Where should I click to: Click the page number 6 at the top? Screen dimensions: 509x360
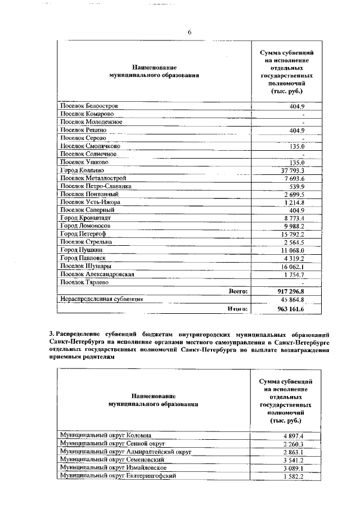(x=190, y=32)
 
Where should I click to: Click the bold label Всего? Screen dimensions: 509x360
(x=238, y=291)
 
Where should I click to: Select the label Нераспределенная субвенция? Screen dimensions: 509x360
(x=101, y=300)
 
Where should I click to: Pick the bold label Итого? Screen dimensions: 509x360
(x=238, y=309)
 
